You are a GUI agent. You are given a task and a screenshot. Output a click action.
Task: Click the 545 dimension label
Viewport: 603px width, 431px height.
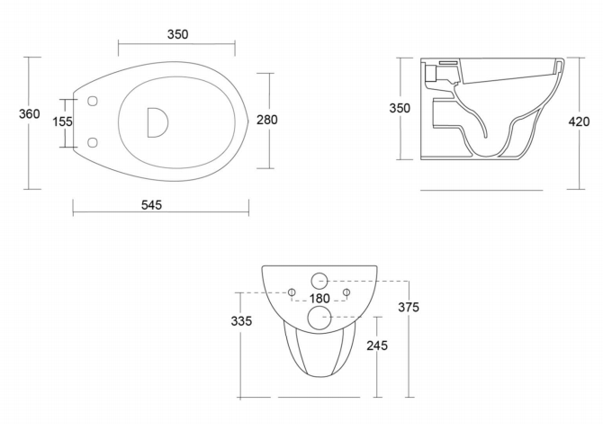(x=151, y=205)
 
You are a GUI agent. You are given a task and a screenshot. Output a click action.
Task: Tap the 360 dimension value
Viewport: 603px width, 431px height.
(x=29, y=113)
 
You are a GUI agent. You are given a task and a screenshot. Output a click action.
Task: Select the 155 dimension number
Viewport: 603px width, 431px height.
(x=62, y=121)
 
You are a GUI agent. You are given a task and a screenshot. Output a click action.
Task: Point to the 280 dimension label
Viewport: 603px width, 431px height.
(x=267, y=120)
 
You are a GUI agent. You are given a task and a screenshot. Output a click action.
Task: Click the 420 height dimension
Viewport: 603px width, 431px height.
(x=579, y=121)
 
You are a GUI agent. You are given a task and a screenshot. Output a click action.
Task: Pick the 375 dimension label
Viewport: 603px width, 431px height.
(x=409, y=307)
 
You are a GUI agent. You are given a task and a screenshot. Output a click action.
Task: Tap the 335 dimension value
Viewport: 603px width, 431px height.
(x=241, y=320)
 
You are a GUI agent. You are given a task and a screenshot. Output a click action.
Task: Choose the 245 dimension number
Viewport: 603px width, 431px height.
(x=377, y=346)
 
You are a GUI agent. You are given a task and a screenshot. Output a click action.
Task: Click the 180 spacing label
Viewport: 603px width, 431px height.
(x=319, y=299)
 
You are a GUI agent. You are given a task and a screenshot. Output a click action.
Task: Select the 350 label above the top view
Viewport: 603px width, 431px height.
(x=177, y=34)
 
